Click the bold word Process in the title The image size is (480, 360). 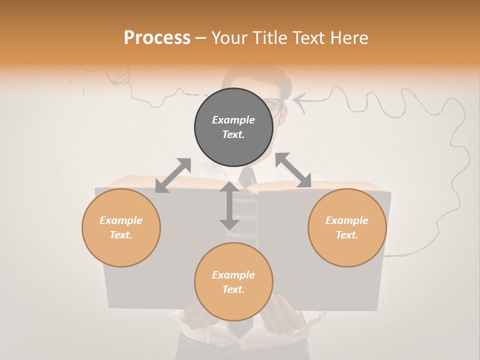[x=157, y=38]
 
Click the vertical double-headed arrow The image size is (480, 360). [x=229, y=206]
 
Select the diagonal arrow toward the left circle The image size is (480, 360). [x=173, y=175]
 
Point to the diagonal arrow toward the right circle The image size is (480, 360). [x=293, y=170]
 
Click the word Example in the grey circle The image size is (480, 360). [x=233, y=120]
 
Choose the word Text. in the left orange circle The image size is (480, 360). [x=121, y=235]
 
